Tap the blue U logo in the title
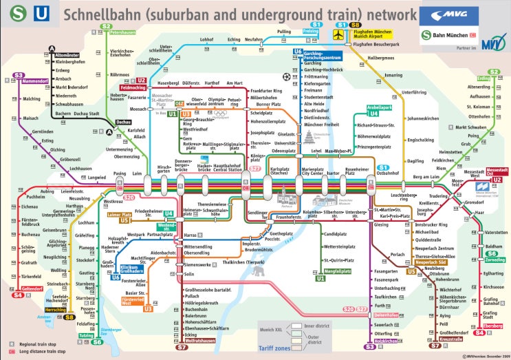(x=42, y=14)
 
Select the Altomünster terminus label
(x=68, y=54)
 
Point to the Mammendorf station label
(x=35, y=81)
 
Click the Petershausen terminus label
(x=123, y=32)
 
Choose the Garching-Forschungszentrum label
(x=323, y=56)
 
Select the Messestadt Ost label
(x=497, y=171)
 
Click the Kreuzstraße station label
(x=451, y=339)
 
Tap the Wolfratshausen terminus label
(x=201, y=340)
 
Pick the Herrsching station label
(x=36, y=310)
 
